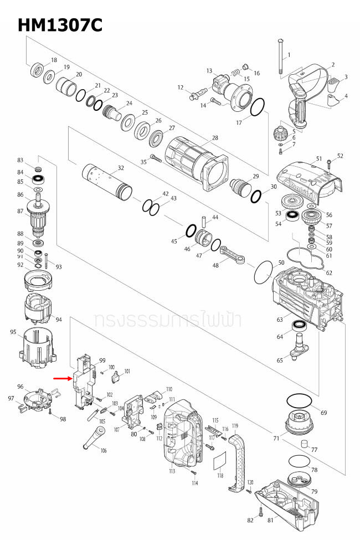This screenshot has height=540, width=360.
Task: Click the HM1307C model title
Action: pos(59,24)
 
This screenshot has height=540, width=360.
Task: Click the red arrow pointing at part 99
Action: pos(61,379)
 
